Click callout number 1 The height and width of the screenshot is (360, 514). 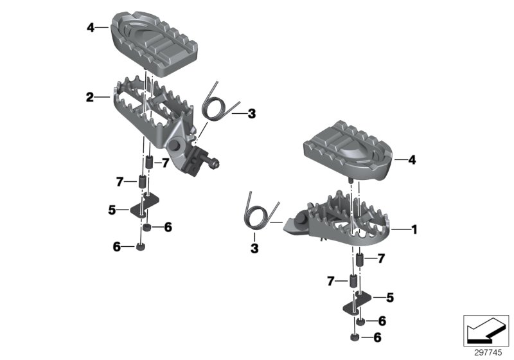point(414,230)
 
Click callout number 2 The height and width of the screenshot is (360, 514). point(90,97)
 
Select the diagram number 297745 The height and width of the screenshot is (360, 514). point(488,353)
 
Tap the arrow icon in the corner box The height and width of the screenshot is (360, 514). point(486,330)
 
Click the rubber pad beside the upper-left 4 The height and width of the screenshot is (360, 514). point(154,44)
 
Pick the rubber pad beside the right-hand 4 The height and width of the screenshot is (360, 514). point(348,150)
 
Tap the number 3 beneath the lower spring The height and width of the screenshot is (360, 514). point(254,248)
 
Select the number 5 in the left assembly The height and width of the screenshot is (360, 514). point(112,210)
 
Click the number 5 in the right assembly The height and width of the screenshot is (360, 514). point(390,298)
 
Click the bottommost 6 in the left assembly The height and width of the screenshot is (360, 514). point(117,247)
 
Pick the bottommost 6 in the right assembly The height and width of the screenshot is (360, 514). point(377,337)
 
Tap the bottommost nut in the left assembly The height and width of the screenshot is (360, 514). point(141,248)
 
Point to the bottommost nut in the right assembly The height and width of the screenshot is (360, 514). point(355,337)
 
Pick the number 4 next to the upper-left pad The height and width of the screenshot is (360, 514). point(91,28)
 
